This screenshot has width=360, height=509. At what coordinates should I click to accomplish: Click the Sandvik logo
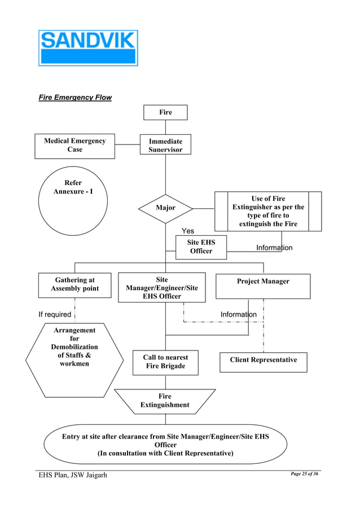[87, 48]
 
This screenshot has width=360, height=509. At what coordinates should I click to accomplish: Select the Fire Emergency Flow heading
[75, 98]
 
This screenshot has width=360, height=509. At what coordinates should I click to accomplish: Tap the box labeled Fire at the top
[165, 112]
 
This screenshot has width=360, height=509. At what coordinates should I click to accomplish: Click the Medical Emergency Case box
[74, 146]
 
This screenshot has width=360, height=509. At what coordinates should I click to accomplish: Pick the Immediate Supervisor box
[165, 144]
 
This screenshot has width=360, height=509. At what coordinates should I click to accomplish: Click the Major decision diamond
[165, 208]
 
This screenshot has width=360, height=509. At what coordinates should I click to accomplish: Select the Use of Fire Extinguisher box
[268, 212]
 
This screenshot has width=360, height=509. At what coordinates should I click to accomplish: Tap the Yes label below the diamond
[188, 231]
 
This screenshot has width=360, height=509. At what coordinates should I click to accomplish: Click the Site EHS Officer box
[201, 247]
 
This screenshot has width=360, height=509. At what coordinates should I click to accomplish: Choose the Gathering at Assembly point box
[74, 284]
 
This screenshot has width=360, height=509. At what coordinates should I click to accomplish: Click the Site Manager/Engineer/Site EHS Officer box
[161, 288]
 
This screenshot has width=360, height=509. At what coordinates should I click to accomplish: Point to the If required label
[55, 314]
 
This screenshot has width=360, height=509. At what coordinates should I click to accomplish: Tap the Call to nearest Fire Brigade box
[165, 362]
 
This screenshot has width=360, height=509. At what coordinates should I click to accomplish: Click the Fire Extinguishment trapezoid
[165, 401]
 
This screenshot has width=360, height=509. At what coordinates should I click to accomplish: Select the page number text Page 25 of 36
[304, 474]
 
